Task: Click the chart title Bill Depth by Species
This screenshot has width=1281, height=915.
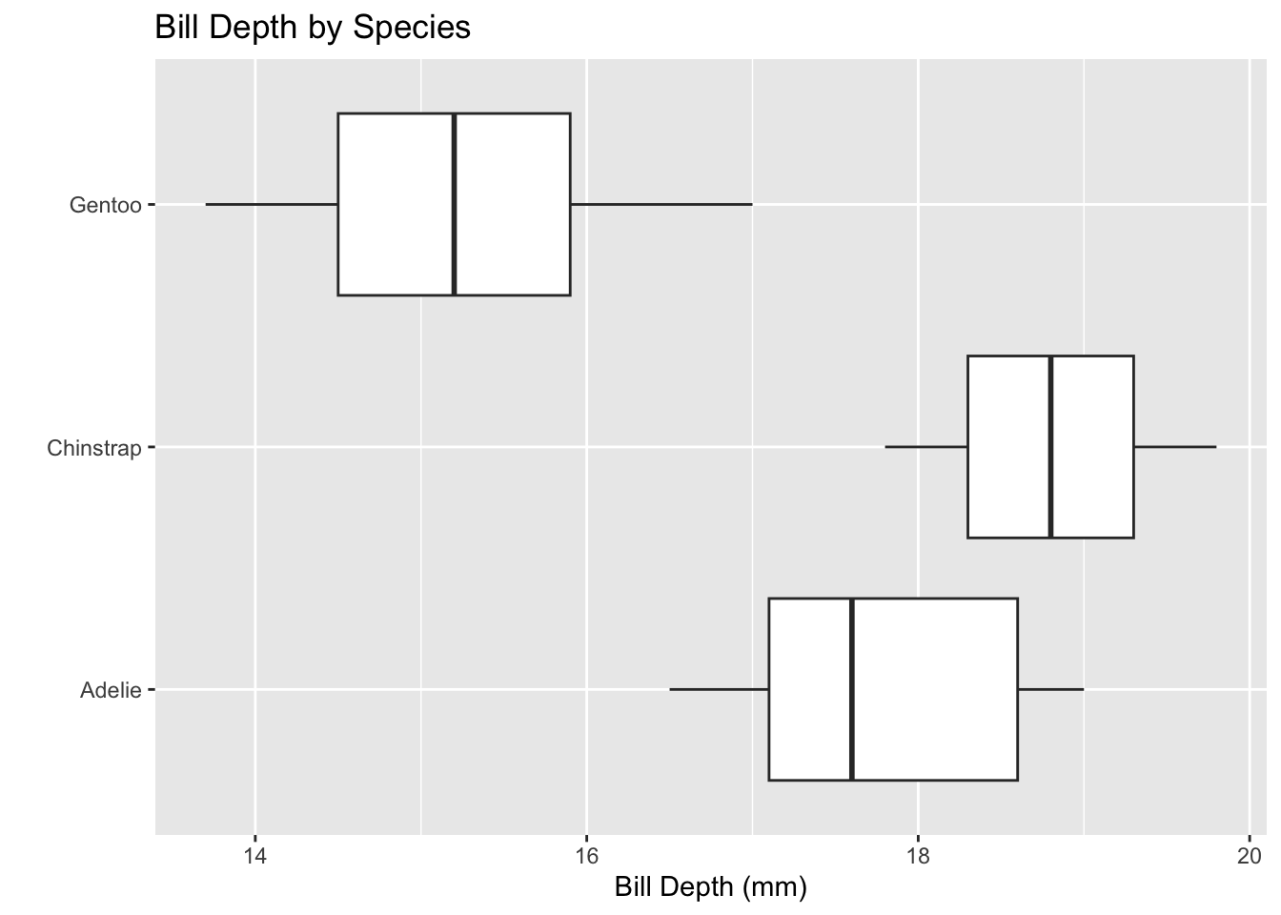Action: pyautogui.click(x=313, y=28)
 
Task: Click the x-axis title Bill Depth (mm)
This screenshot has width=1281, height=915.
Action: pyautogui.click(x=710, y=887)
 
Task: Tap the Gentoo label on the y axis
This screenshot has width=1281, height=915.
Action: pyautogui.click(x=105, y=205)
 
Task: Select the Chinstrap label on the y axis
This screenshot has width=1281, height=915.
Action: pyautogui.click(x=94, y=448)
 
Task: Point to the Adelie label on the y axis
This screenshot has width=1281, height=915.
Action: pyautogui.click(x=111, y=690)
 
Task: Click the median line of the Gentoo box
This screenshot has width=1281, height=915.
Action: pyautogui.click(x=455, y=204)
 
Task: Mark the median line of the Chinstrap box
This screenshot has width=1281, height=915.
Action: pyautogui.click(x=1050, y=446)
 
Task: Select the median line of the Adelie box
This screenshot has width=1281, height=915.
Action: pyautogui.click(x=852, y=689)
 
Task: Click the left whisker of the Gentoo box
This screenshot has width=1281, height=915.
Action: pyautogui.click(x=272, y=204)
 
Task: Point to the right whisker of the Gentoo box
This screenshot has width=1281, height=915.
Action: pyautogui.click(x=661, y=204)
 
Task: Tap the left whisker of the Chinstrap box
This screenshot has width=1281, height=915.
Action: pyautogui.click(x=926, y=446)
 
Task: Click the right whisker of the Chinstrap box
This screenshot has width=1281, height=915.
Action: pyautogui.click(x=1174, y=446)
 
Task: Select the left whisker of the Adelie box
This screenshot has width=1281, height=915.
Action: pyautogui.click(x=720, y=689)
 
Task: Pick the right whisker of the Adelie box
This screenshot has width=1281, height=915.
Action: pyautogui.click(x=1050, y=689)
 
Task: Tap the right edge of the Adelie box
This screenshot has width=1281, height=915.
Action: pyautogui.click(x=1017, y=689)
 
